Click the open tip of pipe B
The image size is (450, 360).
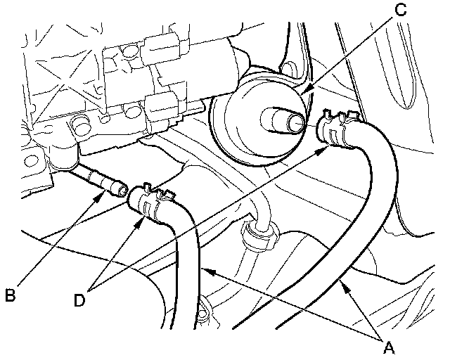point(122,188)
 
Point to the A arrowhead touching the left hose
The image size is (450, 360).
point(204,268)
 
